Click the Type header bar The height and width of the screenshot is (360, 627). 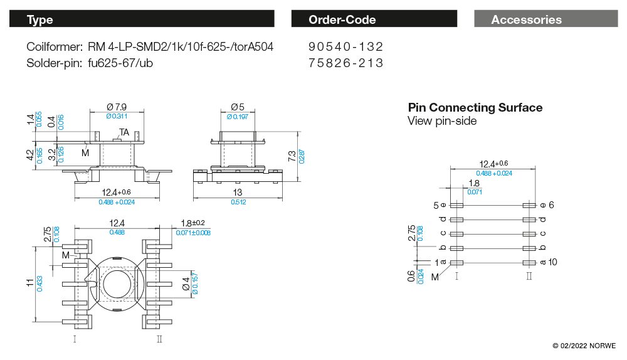(x=142, y=19)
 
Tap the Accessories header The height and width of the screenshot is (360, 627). (x=526, y=19)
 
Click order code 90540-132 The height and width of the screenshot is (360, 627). (x=346, y=47)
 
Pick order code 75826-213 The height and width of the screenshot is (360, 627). (x=346, y=63)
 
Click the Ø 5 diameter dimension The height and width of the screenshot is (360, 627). (x=238, y=107)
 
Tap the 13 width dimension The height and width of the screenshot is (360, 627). (x=238, y=192)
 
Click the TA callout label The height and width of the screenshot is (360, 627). (x=124, y=132)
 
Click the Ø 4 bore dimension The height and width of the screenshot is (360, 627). (x=186, y=283)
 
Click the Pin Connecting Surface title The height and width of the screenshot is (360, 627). (x=475, y=107)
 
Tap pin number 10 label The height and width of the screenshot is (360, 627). (x=552, y=262)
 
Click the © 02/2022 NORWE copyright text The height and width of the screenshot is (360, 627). (x=584, y=346)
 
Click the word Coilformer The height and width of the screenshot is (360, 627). (x=55, y=47)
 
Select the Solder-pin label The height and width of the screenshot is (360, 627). (x=55, y=63)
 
